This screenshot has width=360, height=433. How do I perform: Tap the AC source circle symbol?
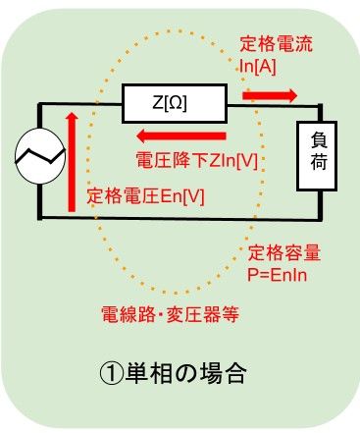tap(38, 155)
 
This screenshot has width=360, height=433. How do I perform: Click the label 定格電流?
tap(276, 45)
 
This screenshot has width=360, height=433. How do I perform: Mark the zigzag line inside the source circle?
tap(38, 155)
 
